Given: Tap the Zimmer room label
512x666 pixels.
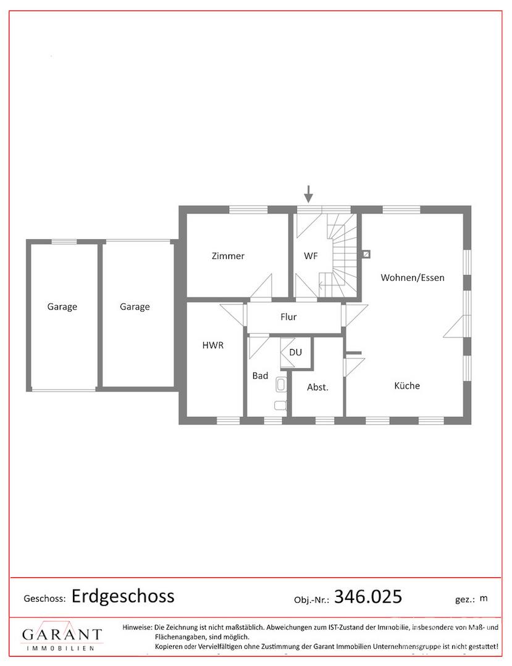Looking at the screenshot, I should tap(228, 256).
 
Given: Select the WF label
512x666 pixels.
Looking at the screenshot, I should tap(311, 256).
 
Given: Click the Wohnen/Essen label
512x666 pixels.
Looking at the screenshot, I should tap(412, 277).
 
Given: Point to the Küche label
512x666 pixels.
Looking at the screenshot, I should tap(407, 385).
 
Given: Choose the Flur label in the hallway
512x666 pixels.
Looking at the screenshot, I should tap(288, 317).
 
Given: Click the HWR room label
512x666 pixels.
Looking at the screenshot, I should tap(213, 345).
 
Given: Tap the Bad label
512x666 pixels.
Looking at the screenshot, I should tap(260, 375).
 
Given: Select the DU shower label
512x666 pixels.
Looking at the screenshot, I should tap(296, 352).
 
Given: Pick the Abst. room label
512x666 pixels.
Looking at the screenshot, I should tap(317, 387).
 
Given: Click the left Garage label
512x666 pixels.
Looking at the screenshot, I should tap(62, 306).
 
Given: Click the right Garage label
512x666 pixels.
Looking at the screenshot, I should tap(135, 306).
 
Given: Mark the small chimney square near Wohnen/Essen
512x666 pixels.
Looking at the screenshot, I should tap(367, 253).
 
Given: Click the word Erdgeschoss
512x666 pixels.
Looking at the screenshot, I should tap(123, 596).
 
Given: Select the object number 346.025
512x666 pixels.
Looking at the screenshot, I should tap(368, 596).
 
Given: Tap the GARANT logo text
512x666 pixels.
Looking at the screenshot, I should tap(62, 635).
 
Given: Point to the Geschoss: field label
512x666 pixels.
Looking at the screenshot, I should tap(44, 599).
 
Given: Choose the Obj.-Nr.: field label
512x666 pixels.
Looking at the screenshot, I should tap(312, 599).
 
